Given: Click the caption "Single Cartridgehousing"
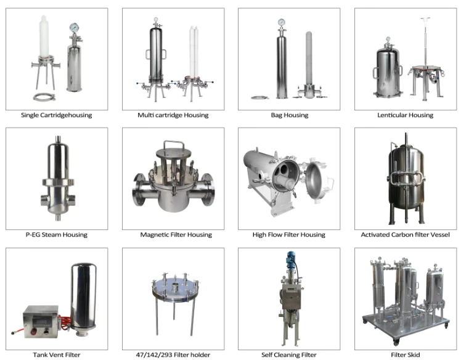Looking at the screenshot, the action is pyautogui.click(x=57, y=115).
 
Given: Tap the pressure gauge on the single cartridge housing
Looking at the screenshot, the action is pyautogui.click(x=74, y=28).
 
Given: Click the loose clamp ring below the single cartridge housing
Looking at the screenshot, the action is pyautogui.click(x=44, y=97).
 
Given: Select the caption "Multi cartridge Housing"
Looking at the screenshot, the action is pyautogui.click(x=173, y=115).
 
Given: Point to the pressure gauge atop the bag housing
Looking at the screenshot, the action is pyautogui.click(x=282, y=22).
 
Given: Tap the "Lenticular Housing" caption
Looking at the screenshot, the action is pyautogui.click(x=405, y=115).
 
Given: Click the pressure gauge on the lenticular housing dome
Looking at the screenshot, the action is pyautogui.click(x=388, y=39).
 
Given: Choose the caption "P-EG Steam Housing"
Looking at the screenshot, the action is pyautogui.click(x=57, y=235).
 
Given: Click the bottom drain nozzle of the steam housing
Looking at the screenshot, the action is pyautogui.click(x=58, y=217).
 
